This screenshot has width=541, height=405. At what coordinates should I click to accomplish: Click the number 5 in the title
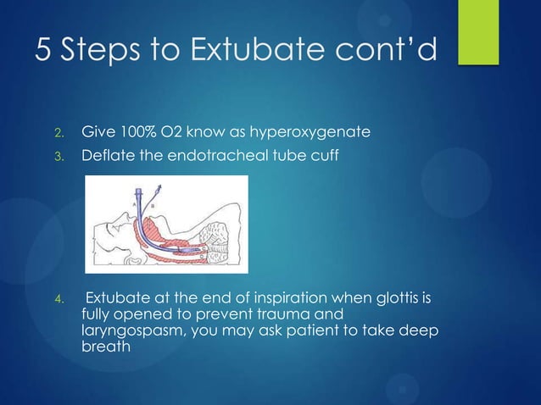[43, 51]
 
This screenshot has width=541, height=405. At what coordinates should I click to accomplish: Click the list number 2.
[59, 133]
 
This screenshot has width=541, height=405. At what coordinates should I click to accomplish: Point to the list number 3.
[59, 157]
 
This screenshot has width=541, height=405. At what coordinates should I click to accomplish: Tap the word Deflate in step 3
[106, 156]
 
